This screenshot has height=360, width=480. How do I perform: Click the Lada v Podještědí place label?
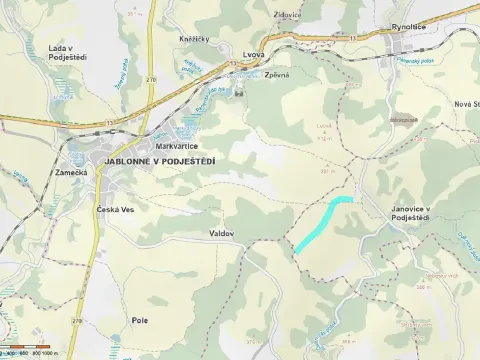click(65, 53)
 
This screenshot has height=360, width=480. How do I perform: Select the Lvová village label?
click(254, 55)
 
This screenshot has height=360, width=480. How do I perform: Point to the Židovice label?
click(288, 16)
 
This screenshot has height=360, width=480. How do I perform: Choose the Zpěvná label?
click(276, 75)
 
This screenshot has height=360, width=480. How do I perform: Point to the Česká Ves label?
click(114, 210)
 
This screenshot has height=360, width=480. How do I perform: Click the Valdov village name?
click(221, 232)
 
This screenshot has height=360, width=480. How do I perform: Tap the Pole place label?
click(139, 320)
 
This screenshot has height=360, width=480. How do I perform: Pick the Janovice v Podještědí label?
click(410, 213)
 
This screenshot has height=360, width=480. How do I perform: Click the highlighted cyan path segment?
click(322, 222)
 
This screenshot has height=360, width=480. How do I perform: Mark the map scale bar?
click(30, 352)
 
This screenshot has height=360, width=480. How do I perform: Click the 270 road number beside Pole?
click(77, 320)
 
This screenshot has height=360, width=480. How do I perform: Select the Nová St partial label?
click(467, 104)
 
